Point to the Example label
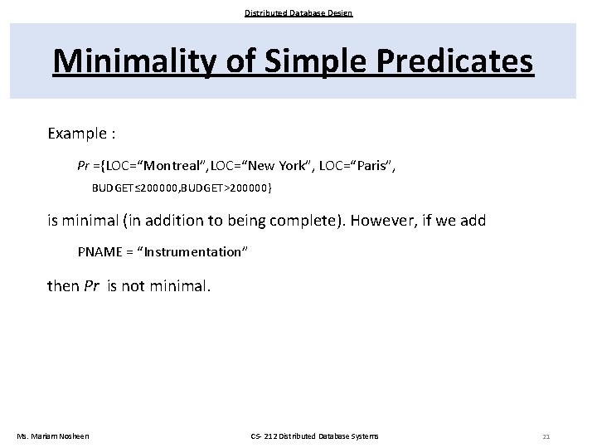point(81,134)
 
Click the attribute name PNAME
point(96,252)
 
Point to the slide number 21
point(546,436)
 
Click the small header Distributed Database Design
point(298,12)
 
